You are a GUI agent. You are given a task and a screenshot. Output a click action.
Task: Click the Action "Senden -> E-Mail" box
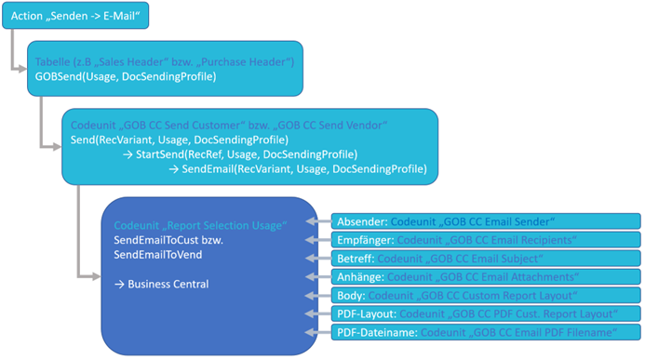click(x=74, y=17)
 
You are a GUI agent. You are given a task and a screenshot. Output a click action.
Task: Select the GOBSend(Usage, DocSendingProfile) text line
click(x=126, y=76)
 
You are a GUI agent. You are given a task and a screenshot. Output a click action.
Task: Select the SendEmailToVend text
click(x=158, y=255)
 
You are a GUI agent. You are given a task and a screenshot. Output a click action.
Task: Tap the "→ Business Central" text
click(x=161, y=284)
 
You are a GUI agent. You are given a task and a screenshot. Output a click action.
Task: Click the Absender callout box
click(x=484, y=220)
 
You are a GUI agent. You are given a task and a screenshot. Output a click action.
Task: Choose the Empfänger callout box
click(x=484, y=239)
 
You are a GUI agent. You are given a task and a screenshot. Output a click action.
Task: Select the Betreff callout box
click(x=484, y=258)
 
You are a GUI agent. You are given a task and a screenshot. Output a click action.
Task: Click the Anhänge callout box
click(x=484, y=276)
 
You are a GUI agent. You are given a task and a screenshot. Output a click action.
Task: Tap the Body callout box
click(x=484, y=295)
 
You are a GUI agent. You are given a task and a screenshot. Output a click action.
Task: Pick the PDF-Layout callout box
click(x=484, y=313)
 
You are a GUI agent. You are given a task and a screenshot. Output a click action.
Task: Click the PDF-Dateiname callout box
click(x=484, y=332)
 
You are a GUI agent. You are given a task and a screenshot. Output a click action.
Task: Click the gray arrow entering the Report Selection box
click(x=89, y=277)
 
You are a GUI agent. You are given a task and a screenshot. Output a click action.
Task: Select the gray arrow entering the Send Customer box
click(x=52, y=145)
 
